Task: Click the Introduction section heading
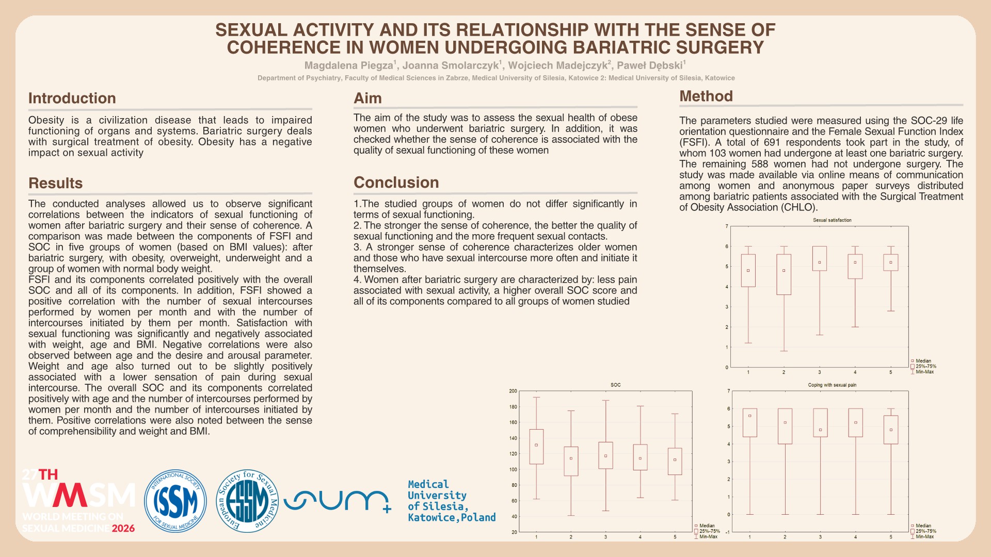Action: (72, 98)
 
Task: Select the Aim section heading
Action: (367, 98)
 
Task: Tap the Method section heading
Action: (706, 96)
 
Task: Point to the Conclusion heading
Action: (396, 182)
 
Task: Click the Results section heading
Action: (55, 183)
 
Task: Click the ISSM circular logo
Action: (175, 500)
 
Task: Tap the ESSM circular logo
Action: (247, 500)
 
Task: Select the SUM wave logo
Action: (337, 500)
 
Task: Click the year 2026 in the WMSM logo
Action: (123, 528)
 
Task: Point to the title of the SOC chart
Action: (615, 385)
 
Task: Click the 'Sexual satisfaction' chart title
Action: (832, 220)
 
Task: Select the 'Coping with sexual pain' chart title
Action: (832, 385)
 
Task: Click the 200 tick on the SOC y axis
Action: (513, 391)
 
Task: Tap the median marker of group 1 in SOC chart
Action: (536, 445)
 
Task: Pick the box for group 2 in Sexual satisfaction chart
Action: (784, 274)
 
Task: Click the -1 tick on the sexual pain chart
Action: (727, 532)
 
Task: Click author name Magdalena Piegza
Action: (348, 65)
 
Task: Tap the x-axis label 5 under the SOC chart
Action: (675, 537)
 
